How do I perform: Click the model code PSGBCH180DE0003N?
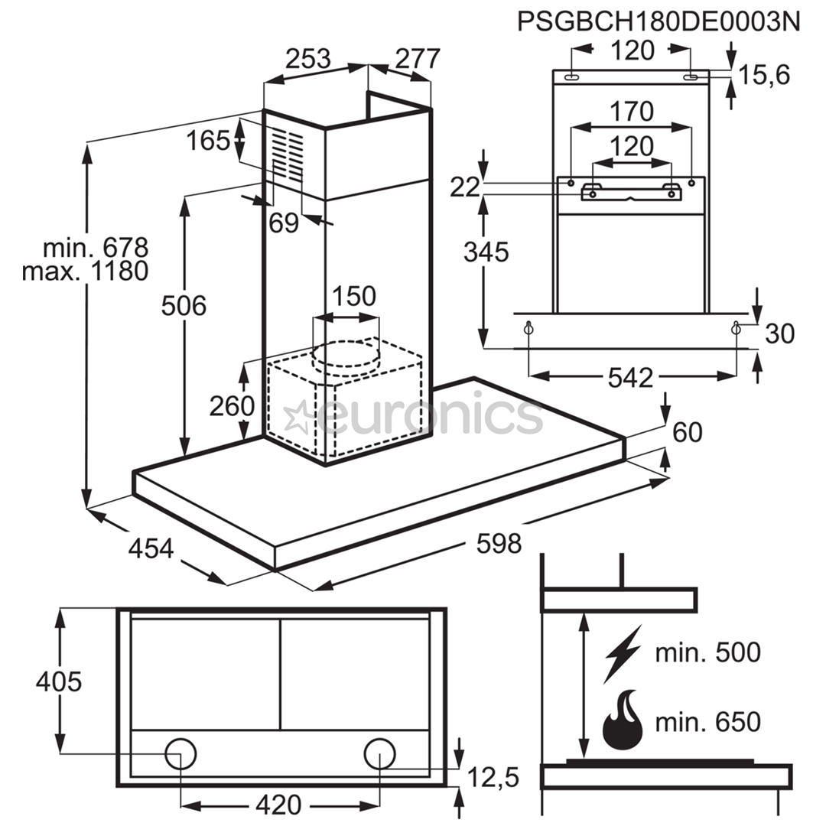[x=659, y=22]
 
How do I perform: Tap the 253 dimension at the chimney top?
[x=308, y=58]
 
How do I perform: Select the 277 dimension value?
[x=418, y=58]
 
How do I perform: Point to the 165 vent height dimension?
[x=209, y=141]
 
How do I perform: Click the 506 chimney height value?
[x=184, y=305]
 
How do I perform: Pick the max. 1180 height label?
[x=86, y=272]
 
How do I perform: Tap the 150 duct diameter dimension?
[x=353, y=296]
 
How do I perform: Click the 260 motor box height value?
[x=232, y=406]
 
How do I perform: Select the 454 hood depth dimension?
[x=151, y=548]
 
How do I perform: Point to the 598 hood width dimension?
[x=499, y=544]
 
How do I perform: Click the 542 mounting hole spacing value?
[x=630, y=378]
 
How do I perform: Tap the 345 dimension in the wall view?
[x=486, y=252]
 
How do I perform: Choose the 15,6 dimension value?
[x=764, y=75]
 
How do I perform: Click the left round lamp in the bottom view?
[x=180, y=753]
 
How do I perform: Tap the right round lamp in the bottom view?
[x=380, y=753]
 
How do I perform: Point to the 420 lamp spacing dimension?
[x=278, y=805]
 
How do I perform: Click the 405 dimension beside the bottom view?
[x=59, y=681]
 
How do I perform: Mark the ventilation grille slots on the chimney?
[x=288, y=155]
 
